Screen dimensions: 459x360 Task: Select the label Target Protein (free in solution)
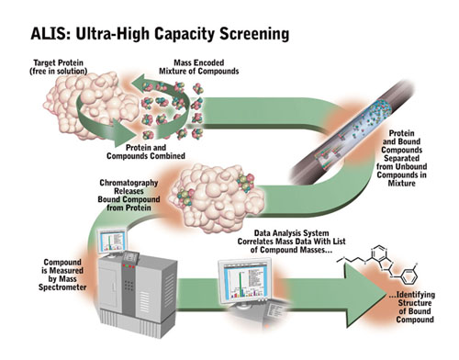[x=58, y=67]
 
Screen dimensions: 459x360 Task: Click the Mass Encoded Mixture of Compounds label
[x=199, y=67]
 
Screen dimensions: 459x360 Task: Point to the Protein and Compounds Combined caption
[x=146, y=152]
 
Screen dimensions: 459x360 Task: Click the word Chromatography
[x=129, y=183]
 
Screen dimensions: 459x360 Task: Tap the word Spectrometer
[x=62, y=287]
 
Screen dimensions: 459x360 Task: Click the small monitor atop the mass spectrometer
[x=112, y=242]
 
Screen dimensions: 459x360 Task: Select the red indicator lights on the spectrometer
[x=129, y=266]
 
